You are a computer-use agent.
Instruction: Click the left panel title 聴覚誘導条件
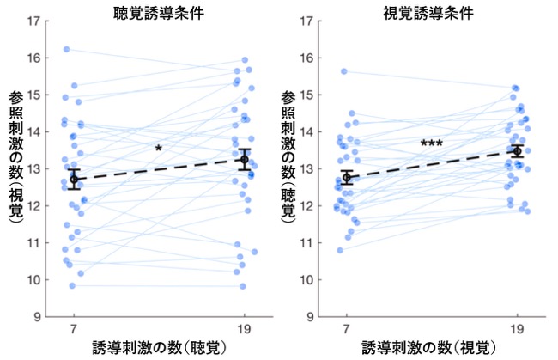[x=159, y=13]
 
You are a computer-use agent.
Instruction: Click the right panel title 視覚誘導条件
[x=428, y=13]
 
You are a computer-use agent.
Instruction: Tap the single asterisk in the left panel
[x=158, y=148]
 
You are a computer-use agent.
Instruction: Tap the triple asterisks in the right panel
[x=431, y=143]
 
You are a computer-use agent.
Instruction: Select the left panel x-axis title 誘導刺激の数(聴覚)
[x=159, y=347]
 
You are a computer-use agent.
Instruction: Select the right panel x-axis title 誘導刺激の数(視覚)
[x=429, y=347]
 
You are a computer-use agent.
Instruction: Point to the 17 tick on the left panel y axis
[x=34, y=21]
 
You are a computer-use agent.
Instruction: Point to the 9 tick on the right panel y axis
[x=311, y=316]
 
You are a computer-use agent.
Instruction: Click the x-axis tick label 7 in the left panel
[x=74, y=329]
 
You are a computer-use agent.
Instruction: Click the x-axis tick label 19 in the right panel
[x=517, y=329]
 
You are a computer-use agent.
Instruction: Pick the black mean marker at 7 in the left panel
[x=74, y=179]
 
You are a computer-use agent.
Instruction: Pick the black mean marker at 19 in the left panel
[x=245, y=159]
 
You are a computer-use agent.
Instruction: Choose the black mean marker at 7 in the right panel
[x=347, y=177]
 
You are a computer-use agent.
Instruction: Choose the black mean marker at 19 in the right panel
[x=517, y=151]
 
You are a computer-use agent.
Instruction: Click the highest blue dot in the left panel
[x=67, y=49]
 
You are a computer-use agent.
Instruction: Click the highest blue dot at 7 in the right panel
[x=344, y=71]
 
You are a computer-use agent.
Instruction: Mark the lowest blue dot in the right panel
[x=340, y=250]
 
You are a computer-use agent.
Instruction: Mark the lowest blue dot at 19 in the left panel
[x=243, y=286]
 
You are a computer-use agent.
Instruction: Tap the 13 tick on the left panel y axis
[x=34, y=168]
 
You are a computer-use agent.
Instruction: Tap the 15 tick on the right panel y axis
[x=307, y=95]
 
